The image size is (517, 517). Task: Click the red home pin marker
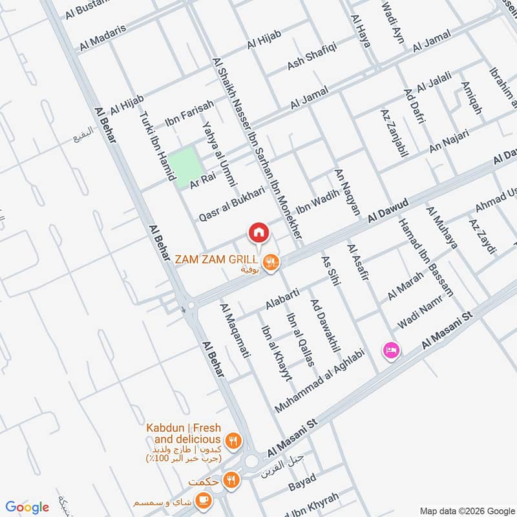tap(258, 231)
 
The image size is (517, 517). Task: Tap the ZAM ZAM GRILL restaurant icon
tap(272, 261)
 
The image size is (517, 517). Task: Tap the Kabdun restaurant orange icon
tap(234, 441)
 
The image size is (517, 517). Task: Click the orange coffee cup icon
tap(204, 501)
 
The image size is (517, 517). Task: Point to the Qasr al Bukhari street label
tap(232, 203)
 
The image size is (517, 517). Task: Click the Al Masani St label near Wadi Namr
tap(448, 330)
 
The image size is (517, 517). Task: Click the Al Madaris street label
tap(103, 37)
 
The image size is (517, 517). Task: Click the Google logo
tap(27, 507)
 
